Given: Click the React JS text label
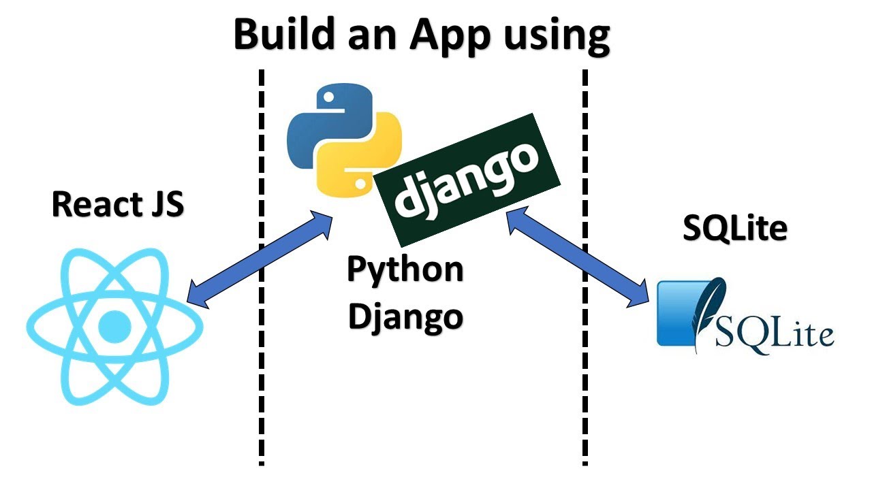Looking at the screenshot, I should tap(117, 204).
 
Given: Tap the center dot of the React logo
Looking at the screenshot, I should tap(114, 327).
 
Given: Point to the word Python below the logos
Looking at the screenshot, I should tap(405, 269).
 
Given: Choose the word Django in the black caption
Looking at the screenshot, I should tap(405, 316).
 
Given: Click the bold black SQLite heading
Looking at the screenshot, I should tap(734, 230).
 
